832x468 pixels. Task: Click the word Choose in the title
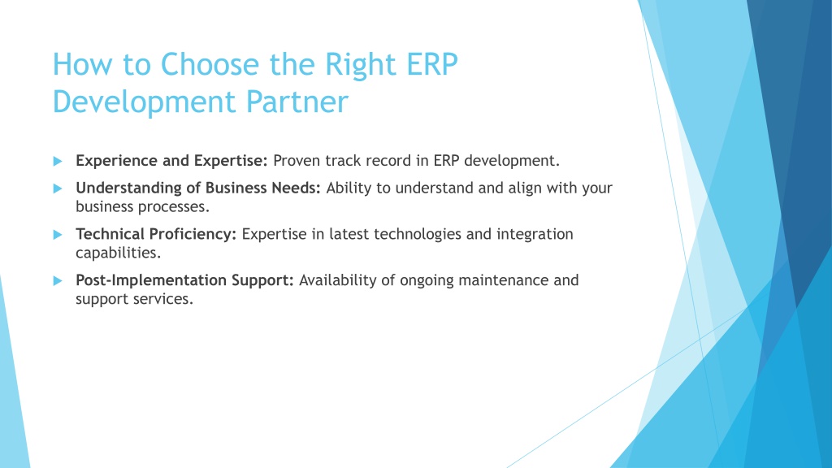(210, 65)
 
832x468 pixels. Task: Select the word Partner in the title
(297, 102)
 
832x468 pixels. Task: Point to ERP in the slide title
(432, 65)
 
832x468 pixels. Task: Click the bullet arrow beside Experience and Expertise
(58, 162)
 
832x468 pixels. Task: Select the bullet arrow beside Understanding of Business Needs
(58, 188)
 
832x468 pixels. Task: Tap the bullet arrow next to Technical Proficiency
(58, 235)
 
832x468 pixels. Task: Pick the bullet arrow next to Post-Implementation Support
(58, 280)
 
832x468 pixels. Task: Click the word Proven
(297, 161)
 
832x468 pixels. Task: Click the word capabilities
(118, 253)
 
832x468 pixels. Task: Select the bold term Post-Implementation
(151, 280)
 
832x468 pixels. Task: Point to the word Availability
(337, 280)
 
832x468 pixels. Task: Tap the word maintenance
(504, 280)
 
